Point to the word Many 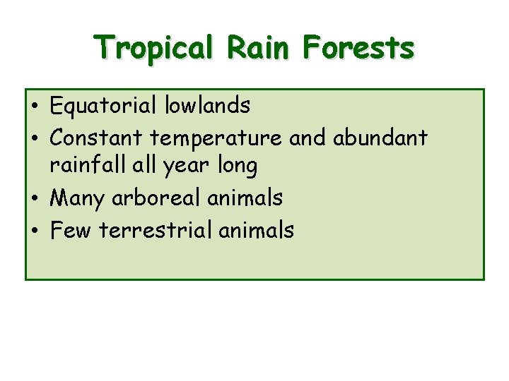[x=78, y=199]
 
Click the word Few [x=72, y=229]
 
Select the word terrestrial [x=156, y=229]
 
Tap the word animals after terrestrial [x=256, y=229]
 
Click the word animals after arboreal [x=245, y=198]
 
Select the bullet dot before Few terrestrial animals [x=35, y=231]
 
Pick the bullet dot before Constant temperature [x=35, y=138]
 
